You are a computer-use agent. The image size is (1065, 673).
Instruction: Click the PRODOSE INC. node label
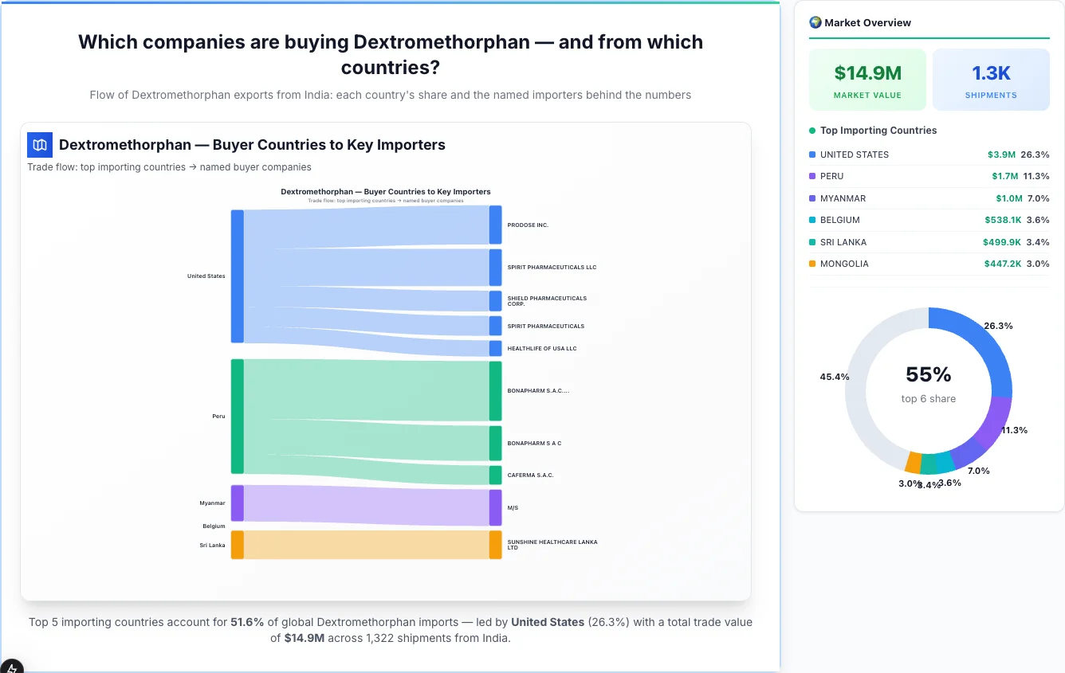528,225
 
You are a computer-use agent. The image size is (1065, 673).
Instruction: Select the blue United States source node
237,276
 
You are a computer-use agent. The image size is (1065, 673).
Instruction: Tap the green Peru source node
237,416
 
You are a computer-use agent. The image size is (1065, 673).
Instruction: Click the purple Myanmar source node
237,503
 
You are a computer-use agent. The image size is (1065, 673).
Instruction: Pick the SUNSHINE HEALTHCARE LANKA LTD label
552,545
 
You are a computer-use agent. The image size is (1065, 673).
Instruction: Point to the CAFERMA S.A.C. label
530,475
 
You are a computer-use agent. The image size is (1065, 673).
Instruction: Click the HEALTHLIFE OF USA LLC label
541,349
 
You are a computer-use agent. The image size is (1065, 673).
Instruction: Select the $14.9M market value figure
867,73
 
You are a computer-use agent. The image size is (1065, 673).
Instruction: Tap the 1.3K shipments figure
991,73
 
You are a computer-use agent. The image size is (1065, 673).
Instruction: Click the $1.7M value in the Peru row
1001,176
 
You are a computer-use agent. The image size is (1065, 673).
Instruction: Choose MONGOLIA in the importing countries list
844,264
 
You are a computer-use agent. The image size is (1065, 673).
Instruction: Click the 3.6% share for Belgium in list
1038,220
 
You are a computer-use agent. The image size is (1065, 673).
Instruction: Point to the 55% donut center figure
929,374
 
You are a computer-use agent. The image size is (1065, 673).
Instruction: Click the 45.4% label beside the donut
835,377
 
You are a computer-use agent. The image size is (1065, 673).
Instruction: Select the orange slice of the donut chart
914,463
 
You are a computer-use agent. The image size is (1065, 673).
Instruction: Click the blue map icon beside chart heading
40,145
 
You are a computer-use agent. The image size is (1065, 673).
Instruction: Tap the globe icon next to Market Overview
815,22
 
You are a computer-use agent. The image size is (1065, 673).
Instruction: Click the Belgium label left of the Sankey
214,526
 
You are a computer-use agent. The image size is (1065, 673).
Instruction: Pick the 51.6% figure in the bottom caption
246,622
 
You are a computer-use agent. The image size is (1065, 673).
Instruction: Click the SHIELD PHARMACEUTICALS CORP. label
546,301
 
